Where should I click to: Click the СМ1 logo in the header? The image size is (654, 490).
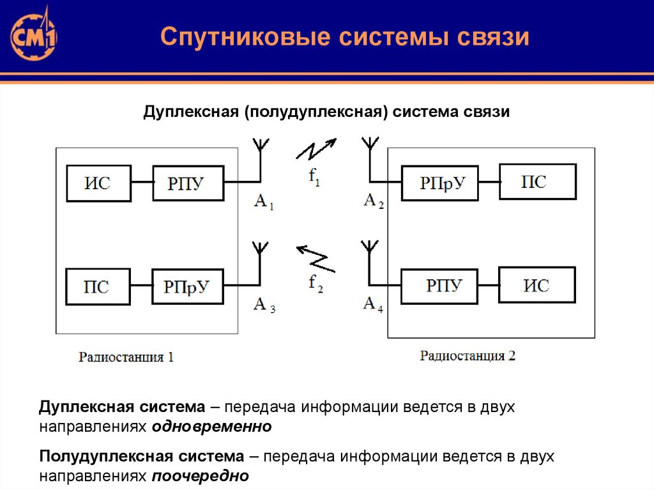pos(33,36)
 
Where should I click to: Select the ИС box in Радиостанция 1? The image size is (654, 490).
pos(99,183)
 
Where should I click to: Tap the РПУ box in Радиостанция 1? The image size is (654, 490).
pos(188,183)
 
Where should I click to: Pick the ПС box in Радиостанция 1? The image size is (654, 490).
pos(98,287)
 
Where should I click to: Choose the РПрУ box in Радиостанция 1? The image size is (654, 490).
pos(188,287)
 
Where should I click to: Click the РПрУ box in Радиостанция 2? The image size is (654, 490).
pos(439,183)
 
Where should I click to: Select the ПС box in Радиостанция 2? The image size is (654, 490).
pos(538,181)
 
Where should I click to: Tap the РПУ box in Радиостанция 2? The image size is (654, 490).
pos(439,286)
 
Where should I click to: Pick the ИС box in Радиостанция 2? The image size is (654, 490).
pos(537,285)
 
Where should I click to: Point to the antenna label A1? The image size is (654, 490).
pos(264,202)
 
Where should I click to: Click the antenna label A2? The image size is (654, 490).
pos(373,201)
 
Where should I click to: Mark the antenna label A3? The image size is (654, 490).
pos(264,305)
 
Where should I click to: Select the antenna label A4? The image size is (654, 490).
pos(373,304)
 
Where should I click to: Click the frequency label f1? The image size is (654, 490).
pos(314,176)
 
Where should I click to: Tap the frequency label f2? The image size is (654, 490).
pos(316,284)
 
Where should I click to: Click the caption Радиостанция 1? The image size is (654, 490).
pos(126,357)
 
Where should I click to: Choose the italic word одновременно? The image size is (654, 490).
pos(212,427)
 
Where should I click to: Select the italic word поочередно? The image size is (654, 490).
pos(200,476)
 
